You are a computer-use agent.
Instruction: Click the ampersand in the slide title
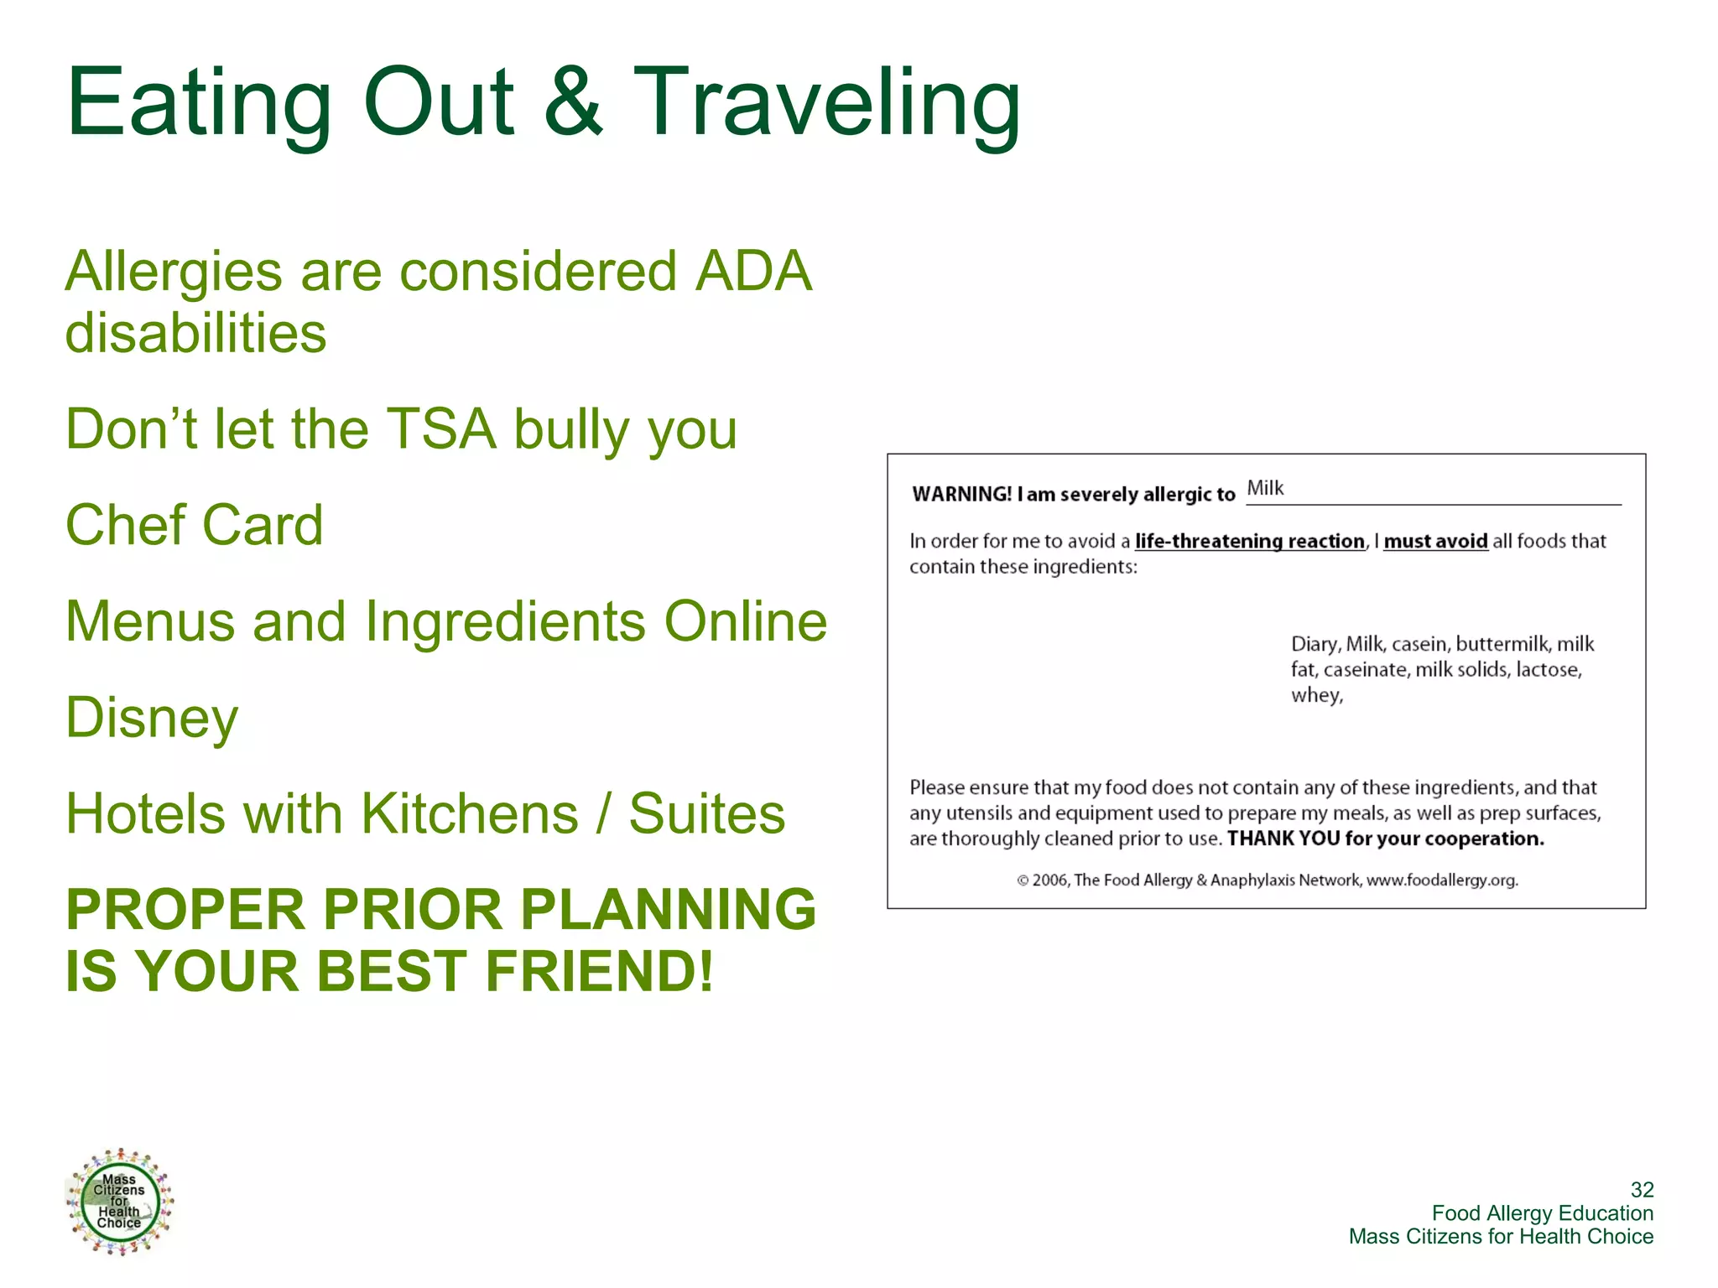point(573,102)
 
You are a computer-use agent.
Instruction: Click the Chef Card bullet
point(195,526)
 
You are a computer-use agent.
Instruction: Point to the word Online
point(745,621)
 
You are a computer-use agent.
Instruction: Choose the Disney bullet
point(152,719)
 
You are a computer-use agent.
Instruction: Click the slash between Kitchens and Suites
point(603,813)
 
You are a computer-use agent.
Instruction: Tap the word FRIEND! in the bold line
point(599,971)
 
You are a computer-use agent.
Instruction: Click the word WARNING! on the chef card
point(961,494)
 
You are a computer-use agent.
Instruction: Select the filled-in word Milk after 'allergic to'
point(1265,488)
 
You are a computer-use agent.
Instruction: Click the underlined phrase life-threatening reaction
point(1249,542)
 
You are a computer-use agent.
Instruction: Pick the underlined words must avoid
point(1435,542)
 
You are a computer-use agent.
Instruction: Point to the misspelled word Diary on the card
point(1315,644)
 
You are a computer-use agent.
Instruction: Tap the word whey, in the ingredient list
point(1316,695)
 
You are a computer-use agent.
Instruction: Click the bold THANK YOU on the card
point(1283,839)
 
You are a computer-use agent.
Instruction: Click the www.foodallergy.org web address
point(1442,880)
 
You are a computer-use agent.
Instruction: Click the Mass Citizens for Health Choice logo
point(119,1201)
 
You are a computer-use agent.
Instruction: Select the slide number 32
point(1642,1189)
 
